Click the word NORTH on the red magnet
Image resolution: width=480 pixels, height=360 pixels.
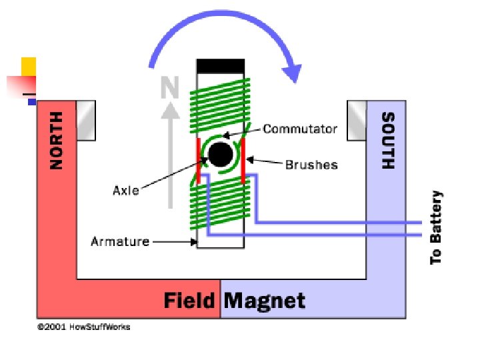click(x=57, y=139)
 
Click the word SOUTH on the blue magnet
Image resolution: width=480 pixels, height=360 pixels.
click(x=387, y=140)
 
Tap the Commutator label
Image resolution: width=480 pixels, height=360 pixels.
click(x=299, y=129)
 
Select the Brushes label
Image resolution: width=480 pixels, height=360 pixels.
click(x=311, y=164)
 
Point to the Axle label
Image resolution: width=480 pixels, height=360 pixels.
click(x=125, y=191)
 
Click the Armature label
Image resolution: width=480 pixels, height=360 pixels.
click(x=120, y=241)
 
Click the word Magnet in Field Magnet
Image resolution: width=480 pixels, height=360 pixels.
click(x=264, y=301)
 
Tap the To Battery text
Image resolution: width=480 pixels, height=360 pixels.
click(x=436, y=227)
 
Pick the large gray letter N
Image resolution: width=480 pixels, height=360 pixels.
click(x=171, y=87)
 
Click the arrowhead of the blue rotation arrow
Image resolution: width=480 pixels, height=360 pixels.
click(x=292, y=70)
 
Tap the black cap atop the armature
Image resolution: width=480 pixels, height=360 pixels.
click(x=220, y=66)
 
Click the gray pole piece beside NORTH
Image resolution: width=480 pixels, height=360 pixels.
click(x=86, y=120)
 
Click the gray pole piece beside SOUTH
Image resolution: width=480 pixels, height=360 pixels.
click(x=357, y=120)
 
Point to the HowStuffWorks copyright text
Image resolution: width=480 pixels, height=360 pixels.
click(x=83, y=327)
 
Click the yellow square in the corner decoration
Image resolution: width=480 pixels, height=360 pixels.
click(x=28, y=67)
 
